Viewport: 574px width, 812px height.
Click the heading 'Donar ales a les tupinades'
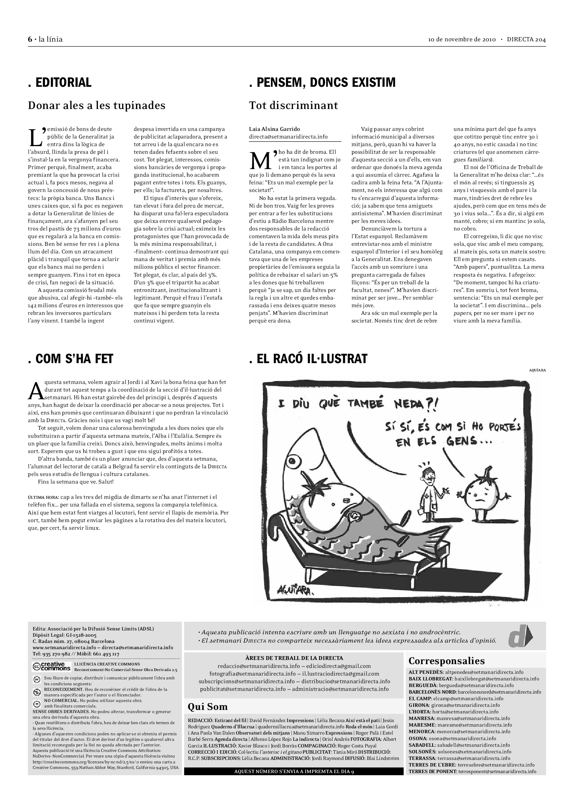[97, 106]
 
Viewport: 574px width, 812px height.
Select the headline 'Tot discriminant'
[293, 106]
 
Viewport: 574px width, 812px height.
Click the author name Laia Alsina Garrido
[274, 129]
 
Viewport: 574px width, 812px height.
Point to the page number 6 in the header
[30, 39]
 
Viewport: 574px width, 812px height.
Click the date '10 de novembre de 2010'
[461, 40]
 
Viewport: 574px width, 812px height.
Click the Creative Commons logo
[51, 667]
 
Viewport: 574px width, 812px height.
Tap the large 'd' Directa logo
[520, 637]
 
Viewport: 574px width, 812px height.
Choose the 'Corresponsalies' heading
[446, 661]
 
